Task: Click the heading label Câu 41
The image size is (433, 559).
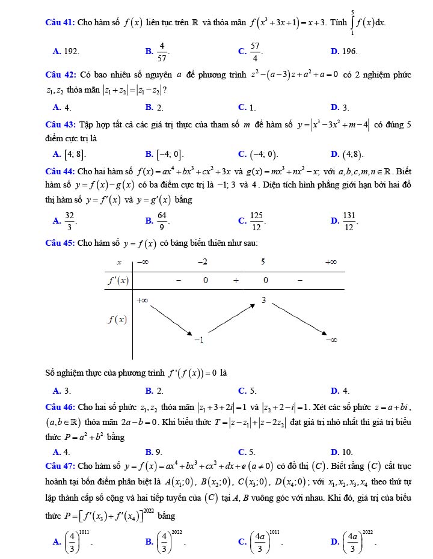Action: [60, 23]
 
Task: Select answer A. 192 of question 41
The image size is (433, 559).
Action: [66, 52]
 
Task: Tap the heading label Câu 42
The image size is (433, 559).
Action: [60, 75]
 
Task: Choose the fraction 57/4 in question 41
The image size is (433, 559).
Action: [255, 52]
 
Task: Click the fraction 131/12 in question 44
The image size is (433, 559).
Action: [349, 221]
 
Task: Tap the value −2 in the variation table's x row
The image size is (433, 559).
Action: [202, 262]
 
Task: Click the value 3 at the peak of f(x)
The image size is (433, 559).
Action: [263, 299]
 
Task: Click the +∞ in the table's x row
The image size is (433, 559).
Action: [330, 262]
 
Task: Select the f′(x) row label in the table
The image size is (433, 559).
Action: [118, 280]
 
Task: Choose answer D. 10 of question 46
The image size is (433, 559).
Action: [342, 451]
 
